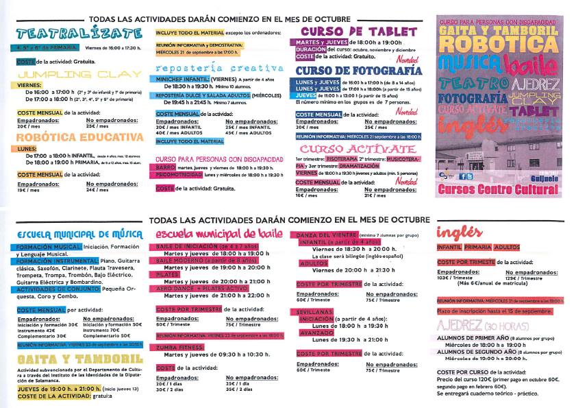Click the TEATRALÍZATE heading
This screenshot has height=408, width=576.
pyautogui.click(x=60, y=33)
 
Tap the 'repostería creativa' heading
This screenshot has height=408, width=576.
pyautogui.click(x=218, y=69)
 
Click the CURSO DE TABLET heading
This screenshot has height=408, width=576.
pyautogui.click(x=358, y=32)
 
